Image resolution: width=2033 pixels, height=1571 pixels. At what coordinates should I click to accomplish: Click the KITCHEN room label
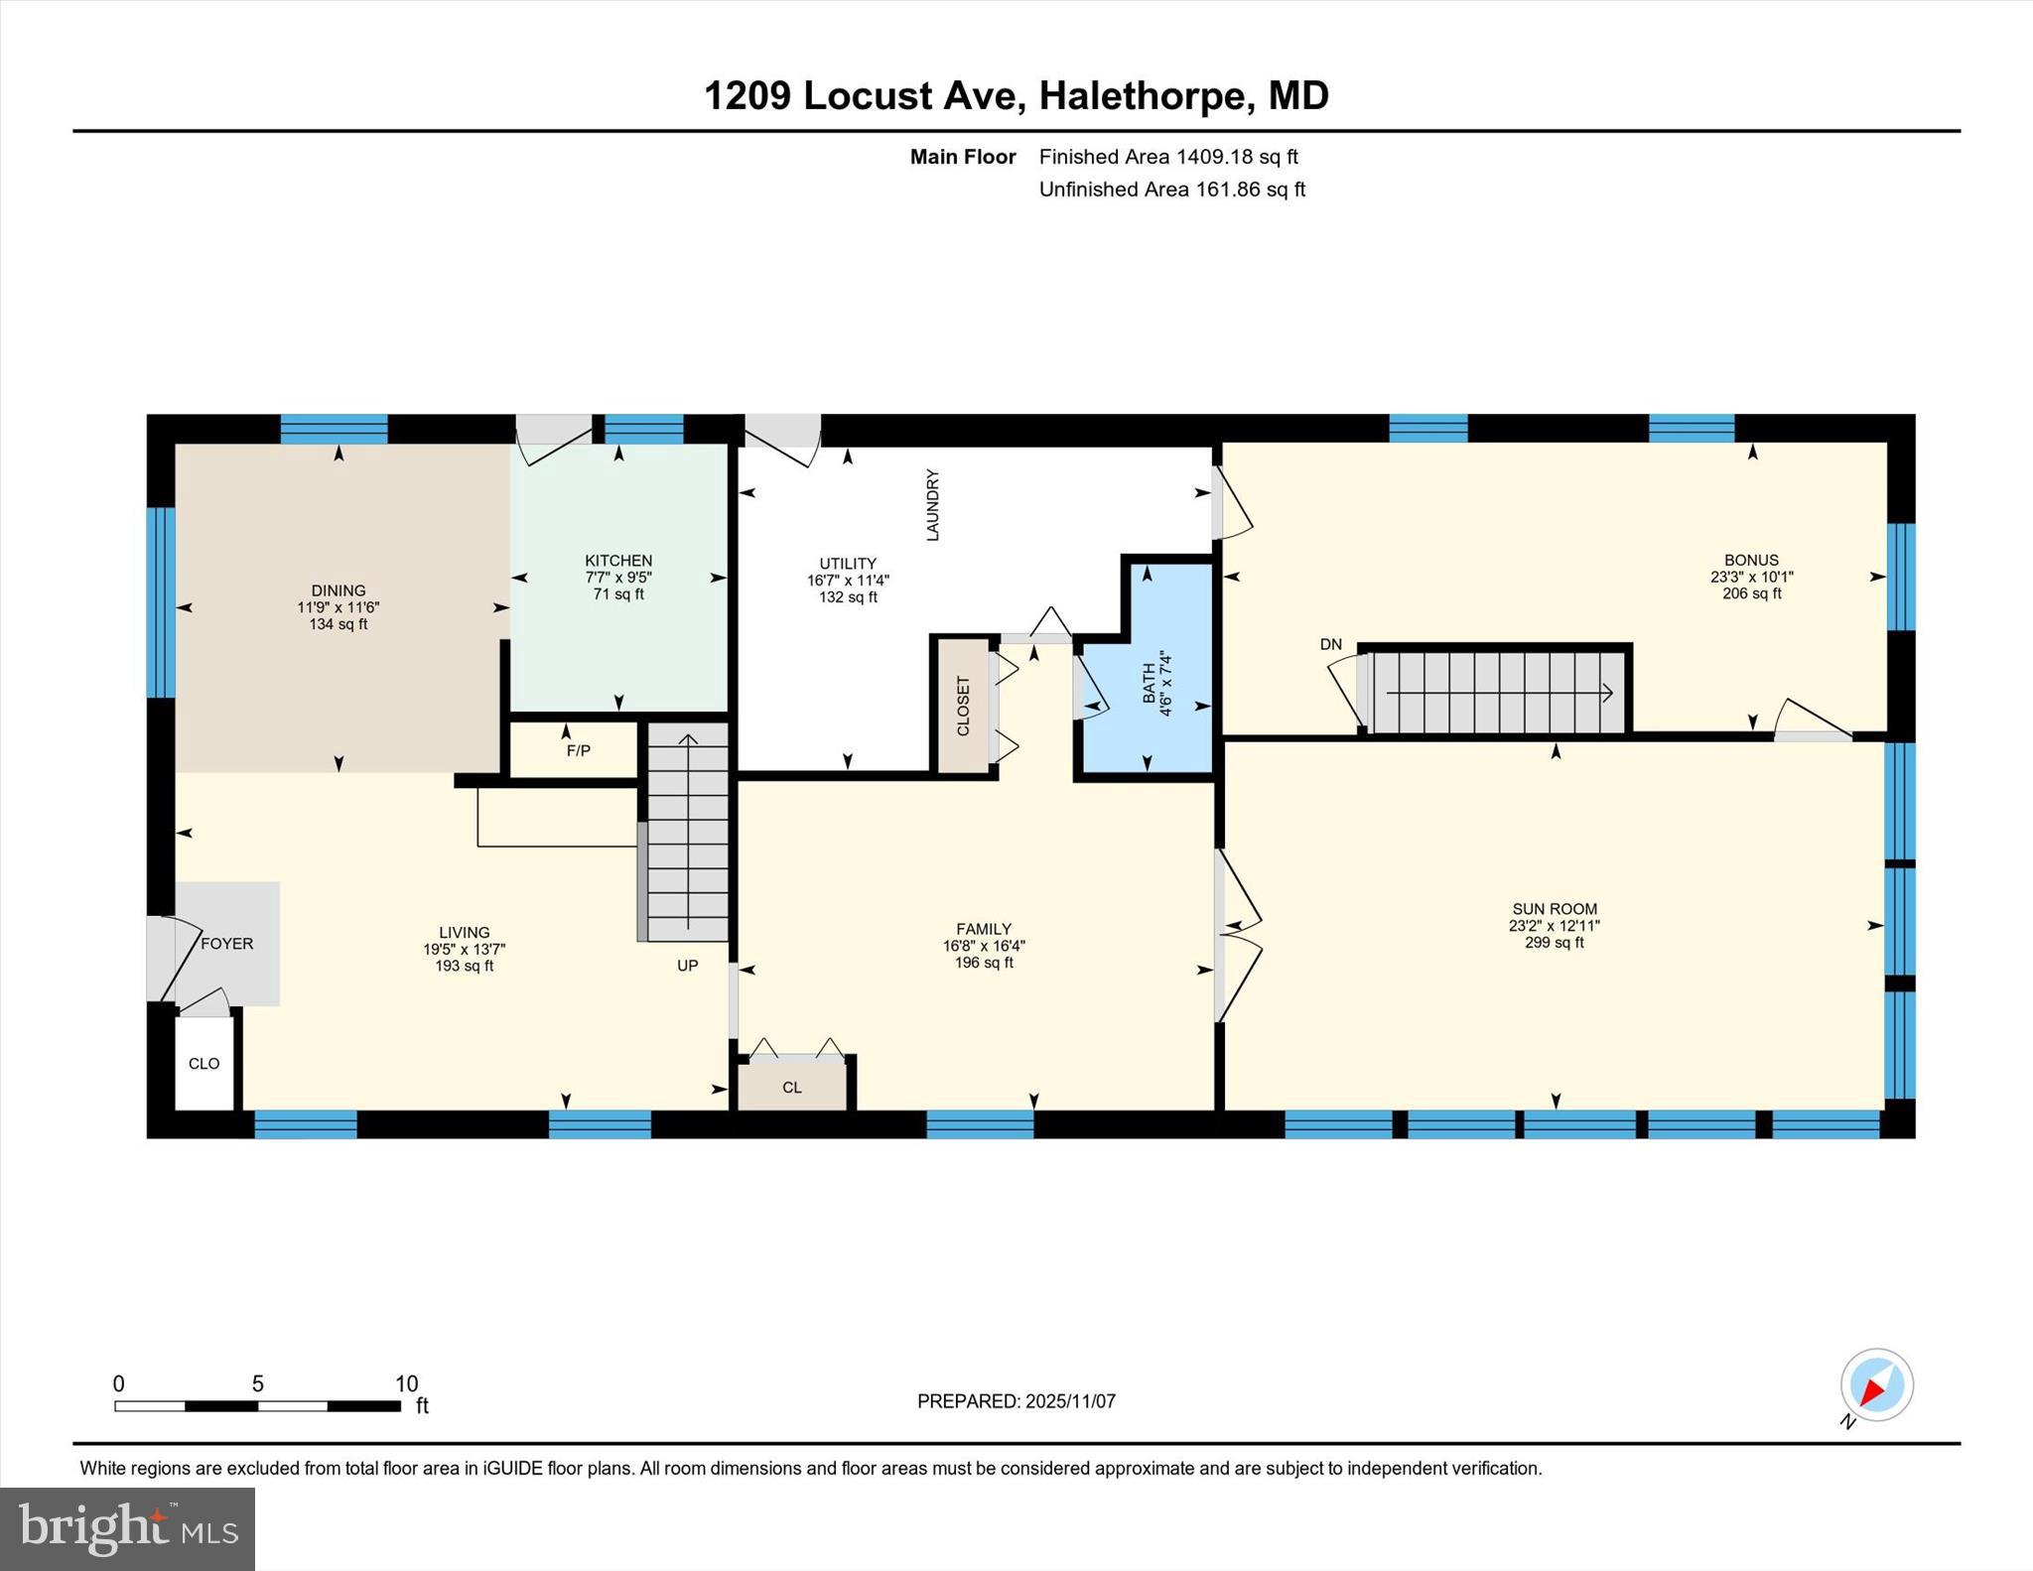click(x=618, y=561)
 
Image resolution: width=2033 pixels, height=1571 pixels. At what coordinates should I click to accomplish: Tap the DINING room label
click(x=339, y=590)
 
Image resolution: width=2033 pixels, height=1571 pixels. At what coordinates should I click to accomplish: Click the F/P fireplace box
click(x=577, y=750)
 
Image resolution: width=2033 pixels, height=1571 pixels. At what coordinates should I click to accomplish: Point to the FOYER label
click(x=227, y=944)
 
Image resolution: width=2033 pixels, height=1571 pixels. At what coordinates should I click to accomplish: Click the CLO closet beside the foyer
click(x=204, y=1064)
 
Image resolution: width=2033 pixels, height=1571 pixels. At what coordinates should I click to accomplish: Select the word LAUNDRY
click(x=932, y=505)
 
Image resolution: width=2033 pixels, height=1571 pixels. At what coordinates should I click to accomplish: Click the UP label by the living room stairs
click(x=688, y=966)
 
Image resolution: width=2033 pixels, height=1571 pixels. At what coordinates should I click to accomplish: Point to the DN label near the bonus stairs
click(x=1330, y=644)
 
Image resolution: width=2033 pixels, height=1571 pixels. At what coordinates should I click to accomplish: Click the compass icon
click(x=1876, y=1385)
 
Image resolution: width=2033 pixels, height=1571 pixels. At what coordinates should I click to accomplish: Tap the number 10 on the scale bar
click(x=406, y=1383)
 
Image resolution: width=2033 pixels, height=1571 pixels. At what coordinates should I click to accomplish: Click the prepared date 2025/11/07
click(x=1070, y=1401)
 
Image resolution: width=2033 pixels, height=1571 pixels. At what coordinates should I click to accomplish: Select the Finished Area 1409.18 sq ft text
click(x=1168, y=157)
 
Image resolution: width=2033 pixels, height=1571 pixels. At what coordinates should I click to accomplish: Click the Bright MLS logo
click(x=127, y=1528)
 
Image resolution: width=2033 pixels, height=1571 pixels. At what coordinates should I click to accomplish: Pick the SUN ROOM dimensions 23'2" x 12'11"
click(x=1554, y=926)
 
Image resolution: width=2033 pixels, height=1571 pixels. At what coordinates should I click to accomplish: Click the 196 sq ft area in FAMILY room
click(x=983, y=963)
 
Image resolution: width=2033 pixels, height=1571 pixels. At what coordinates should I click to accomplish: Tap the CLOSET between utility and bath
click(x=963, y=706)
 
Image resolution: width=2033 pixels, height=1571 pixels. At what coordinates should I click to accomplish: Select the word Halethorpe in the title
click(x=1141, y=96)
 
